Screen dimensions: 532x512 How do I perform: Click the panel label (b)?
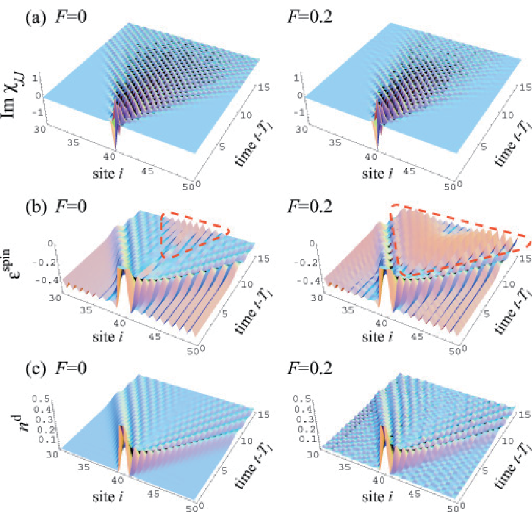coord(36,206)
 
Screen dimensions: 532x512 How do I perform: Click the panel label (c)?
coord(36,368)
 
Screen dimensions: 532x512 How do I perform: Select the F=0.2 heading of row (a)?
coord(309,16)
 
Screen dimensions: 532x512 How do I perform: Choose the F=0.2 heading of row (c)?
coord(309,368)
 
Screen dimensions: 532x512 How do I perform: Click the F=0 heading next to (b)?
coord(71,206)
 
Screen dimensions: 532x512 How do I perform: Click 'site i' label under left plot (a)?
coord(108,173)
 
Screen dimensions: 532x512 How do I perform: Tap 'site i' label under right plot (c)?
coord(377,497)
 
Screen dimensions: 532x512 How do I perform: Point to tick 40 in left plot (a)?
coord(109,157)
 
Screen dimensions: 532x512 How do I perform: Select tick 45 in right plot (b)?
coord(417,336)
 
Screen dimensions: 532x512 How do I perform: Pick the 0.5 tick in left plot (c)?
coord(41,399)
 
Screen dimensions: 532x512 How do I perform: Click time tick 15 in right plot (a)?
coord(524,87)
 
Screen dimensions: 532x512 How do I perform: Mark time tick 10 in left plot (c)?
coord(247,441)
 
